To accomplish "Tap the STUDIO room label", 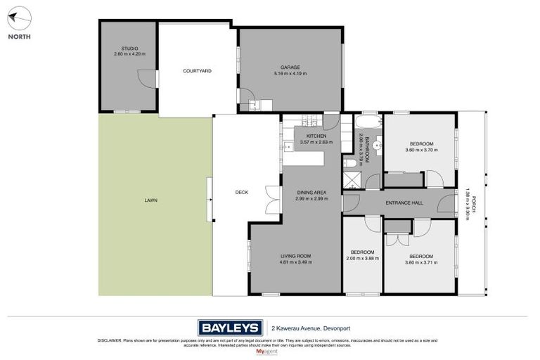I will pos(129,49).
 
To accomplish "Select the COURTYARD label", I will pos(197,71).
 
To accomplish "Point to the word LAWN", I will pos(151,200).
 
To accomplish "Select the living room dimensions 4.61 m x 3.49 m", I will pos(295,262).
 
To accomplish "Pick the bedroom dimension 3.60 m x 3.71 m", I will pos(421,262).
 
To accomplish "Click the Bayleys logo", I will pos(229,327).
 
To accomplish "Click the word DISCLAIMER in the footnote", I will pos(110,340).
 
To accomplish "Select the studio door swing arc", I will pos(146,79).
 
